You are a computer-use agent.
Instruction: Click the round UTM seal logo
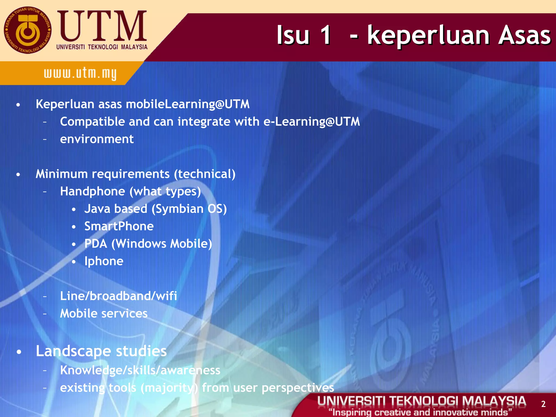pyautogui.click(x=27, y=30)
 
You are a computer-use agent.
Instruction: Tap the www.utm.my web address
pyautogui.click(x=80, y=74)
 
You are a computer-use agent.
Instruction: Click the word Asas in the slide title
pyautogui.click(x=524, y=35)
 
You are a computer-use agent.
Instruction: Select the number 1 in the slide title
pyautogui.click(x=325, y=35)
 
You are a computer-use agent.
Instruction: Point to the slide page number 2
pyautogui.click(x=543, y=404)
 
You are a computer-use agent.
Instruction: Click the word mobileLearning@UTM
pyautogui.click(x=188, y=104)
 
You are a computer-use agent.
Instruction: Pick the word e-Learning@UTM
pyautogui.click(x=312, y=122)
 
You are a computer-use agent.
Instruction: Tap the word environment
pyautogui.click(x=97, y=139)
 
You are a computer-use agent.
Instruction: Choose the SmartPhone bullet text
pyautogui.click(x=119, y=226)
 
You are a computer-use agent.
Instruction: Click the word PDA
pyautogui.click(x=96, y=244)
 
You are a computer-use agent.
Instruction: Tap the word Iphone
pyautogui.click(x=104, y=261)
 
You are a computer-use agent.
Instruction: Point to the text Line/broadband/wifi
pyautogui.click(x=118, y=296)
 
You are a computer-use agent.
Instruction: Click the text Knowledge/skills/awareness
pyautogui.click(x=140, y=370)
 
